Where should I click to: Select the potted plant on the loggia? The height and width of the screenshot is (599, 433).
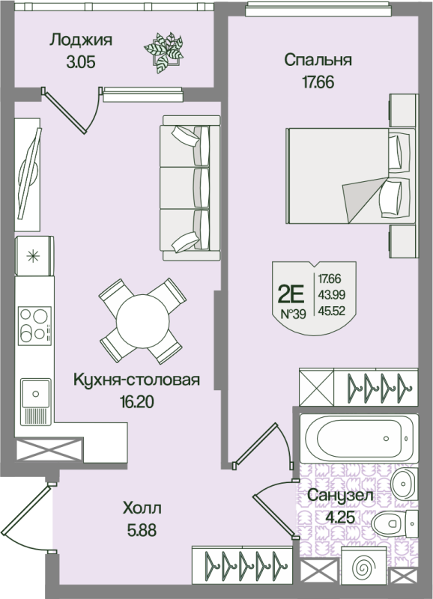(x=164, y=50)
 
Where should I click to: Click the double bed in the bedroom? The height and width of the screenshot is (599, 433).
(x=348, y=174)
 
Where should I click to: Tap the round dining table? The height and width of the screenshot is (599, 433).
(x=142, y=319)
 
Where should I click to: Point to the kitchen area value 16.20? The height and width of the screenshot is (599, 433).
(x=136, y=402)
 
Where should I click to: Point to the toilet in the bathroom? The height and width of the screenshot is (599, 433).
(x=393, y=525)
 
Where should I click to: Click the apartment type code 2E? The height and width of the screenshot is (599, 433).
(x=293, y=292)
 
